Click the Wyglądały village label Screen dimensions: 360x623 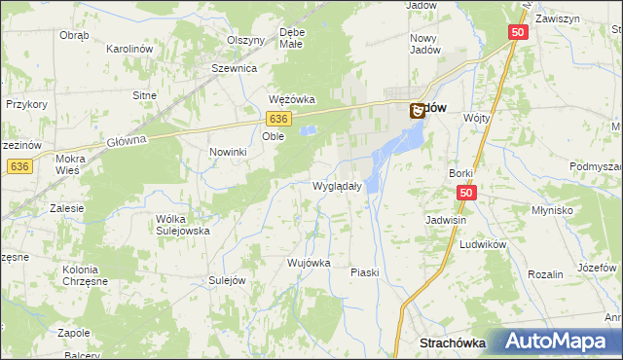pyautogui.click(x=337, y=186)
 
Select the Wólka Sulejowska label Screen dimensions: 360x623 pyautogui.click(x=183, y=225)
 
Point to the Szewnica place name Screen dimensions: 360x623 pyautogui.click(x=234, y=69)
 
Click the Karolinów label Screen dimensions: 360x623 pyautogui.click(x=132, y=48)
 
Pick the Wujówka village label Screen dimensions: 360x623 pyautogui.click(x=311, y=263)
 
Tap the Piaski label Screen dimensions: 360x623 pyautogui.click(x=364, y=273)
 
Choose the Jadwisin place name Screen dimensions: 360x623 pyautogui.click(x=447, y=220)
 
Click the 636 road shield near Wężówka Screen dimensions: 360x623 pyautogui.click(x=279, y=118)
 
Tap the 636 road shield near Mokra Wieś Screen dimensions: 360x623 pyautogui.click(x=18, y=166)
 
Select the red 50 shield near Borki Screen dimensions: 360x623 pyautogui.click(x=466, y=194)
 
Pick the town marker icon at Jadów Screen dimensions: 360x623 pyautogui.click(x=417, y=112)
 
